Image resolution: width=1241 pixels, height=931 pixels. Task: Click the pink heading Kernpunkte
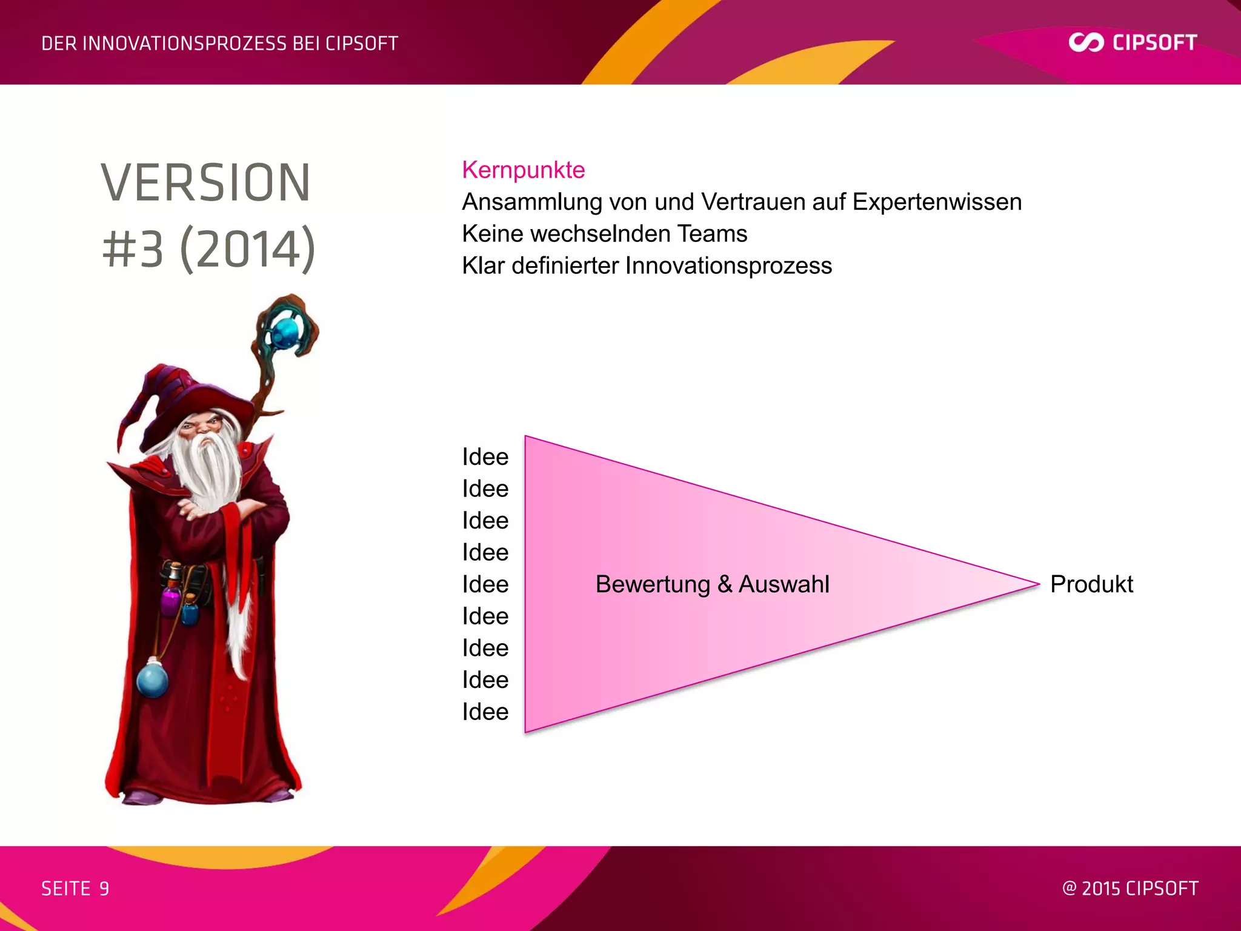click(x=523, y=170)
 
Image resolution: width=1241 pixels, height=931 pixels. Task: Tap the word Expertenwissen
click(x=937, y=202)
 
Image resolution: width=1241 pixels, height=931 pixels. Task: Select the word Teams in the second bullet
click(x=712, y=234)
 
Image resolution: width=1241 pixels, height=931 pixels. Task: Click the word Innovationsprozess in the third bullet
click(x=728, y=266)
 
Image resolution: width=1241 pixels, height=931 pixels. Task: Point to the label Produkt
click(x=1091, y=584)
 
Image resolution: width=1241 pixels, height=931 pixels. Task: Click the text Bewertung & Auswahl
click(x=712, y=584)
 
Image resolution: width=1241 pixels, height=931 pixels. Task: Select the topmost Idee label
click(x=485, y=457)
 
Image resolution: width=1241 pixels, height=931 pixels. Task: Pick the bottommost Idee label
click(x=485, y=712)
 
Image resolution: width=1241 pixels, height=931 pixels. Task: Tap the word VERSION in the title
click(x=206, y=183)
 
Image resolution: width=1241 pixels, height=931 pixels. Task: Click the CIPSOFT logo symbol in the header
click(x=1086, y=42)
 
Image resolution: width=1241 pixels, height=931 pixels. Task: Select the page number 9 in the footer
click(x=104, y=889)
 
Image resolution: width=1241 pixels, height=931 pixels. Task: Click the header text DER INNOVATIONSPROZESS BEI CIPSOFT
click(x=219, y=44)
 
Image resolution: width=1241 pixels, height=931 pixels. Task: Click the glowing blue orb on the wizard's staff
click(x=285, y=331)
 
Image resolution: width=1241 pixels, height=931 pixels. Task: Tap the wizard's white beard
click(x=209, y=467)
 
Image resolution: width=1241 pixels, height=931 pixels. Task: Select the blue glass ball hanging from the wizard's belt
click(x=152, y=680)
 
